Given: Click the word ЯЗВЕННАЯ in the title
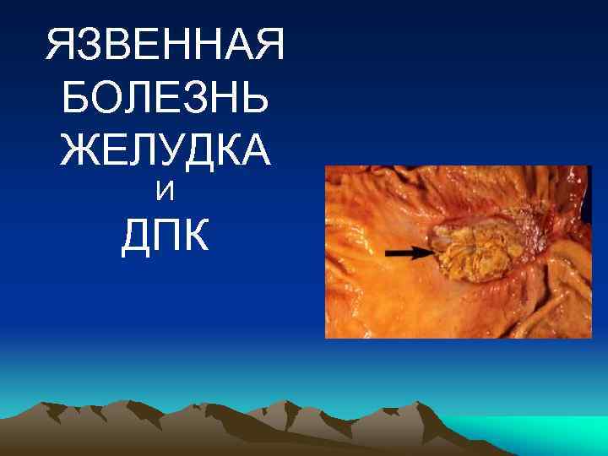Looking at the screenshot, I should tap(166, 49).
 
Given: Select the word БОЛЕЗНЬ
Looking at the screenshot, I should tap(166, 100).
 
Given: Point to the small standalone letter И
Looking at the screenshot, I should tap(166, 193).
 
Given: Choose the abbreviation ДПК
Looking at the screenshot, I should tap(166, 237).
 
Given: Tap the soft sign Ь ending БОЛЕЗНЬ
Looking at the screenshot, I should tap(258, 100).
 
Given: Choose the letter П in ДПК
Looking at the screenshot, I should tap(166, 237).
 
